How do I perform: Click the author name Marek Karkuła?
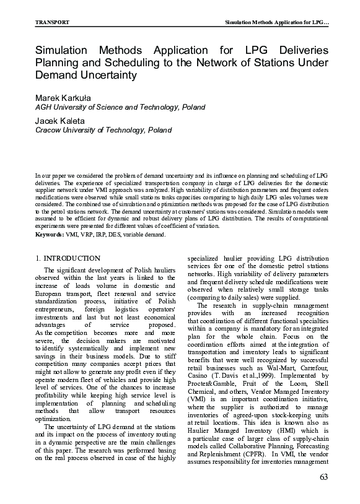63,98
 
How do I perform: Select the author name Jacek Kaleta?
59,120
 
